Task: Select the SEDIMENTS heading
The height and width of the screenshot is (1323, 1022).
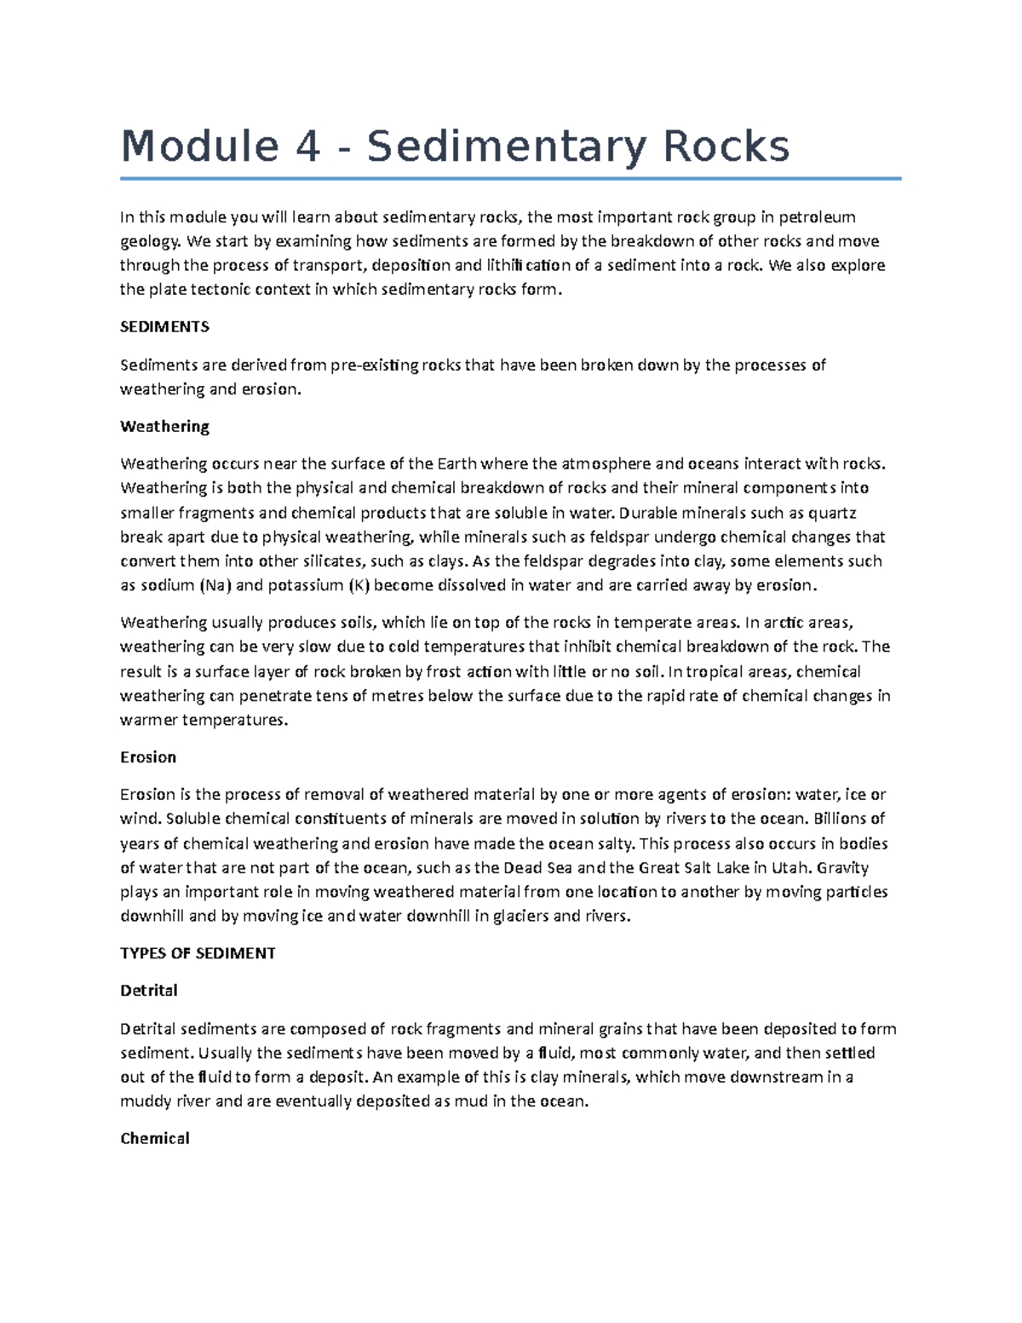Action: (164, 327)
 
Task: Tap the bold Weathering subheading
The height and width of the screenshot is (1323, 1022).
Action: (164, 426)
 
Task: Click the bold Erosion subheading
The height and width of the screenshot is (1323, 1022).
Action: (148, 756)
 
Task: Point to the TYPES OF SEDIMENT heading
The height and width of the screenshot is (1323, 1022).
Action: (198, 953)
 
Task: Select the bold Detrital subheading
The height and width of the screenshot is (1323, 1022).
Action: (149, 990)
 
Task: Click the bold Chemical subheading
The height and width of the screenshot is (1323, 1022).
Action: (155, 1138)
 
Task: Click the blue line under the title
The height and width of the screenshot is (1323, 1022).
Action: (510, 179)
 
